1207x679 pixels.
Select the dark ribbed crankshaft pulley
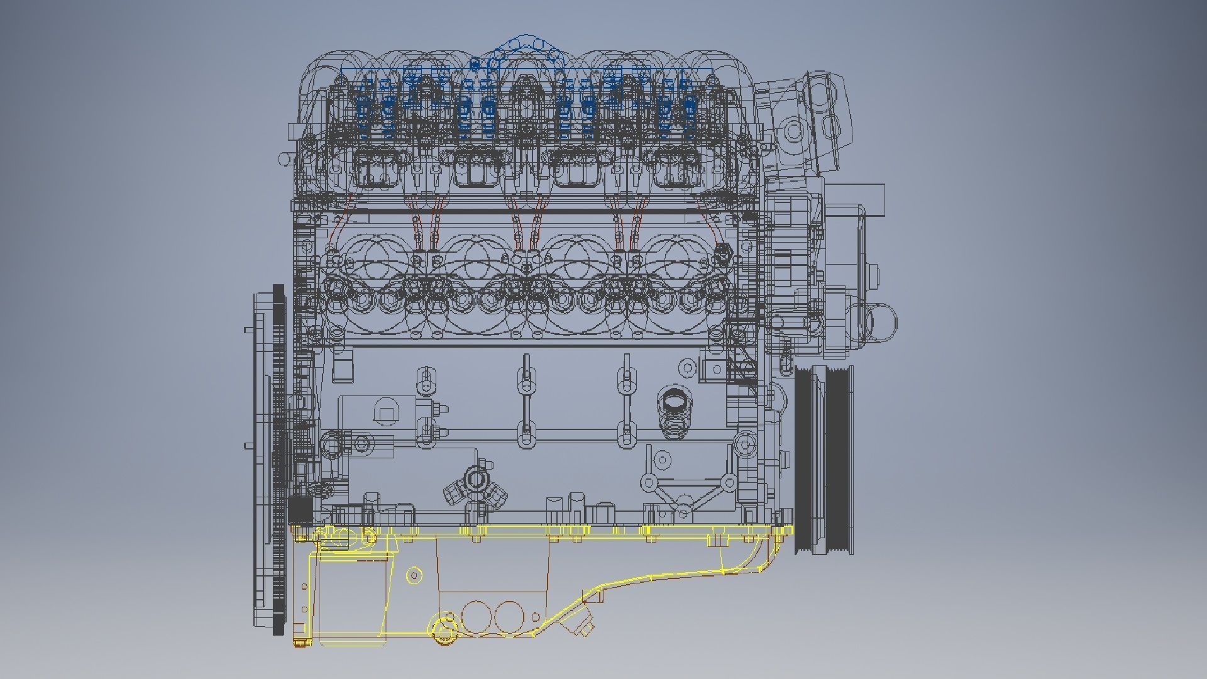824,459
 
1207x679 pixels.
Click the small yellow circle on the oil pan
414,575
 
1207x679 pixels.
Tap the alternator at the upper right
805,126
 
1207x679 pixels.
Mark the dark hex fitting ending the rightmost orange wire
724,251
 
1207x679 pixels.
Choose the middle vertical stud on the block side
526,402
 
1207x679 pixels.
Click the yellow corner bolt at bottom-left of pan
300,642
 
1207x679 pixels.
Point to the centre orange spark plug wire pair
527,226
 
